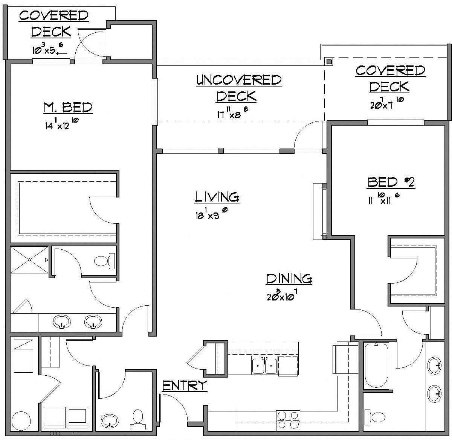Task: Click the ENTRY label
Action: coord(185,385)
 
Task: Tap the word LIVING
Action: coord(217,197)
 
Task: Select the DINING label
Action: coord(289,279)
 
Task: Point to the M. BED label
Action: coord(68,108)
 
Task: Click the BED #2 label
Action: coord(391,182)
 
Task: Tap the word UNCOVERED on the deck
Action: coord(239,80)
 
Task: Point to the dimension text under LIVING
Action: coord(211,214)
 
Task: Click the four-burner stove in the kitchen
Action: coord(288,420)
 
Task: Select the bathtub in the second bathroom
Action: coord(376,366)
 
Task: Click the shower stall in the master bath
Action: coord(29,260)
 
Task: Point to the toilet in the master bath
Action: coord(104,261)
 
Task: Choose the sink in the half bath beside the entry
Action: coord(110,420)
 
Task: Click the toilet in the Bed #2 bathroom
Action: coord(376,417)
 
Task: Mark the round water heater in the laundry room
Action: coord(21,420)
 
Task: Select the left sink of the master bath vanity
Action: coord(61,322)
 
